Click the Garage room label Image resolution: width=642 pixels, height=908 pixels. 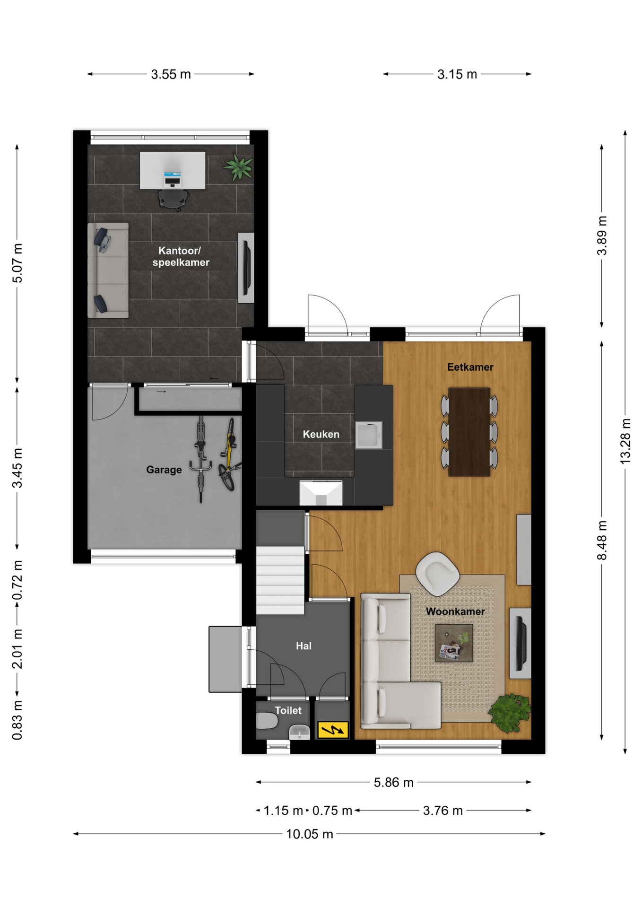click(x=164, y=470)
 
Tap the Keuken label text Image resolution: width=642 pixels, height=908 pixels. click(x=321, y=434)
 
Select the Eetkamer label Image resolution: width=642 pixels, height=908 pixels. click(x=470, y=367)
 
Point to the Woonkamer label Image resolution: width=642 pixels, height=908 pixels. click(x=455, y=611)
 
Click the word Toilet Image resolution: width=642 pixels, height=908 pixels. click(x=288, y=710)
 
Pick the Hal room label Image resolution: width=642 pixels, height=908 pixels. click(x=304, y=646)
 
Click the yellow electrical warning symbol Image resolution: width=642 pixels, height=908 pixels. click(x=333, y=730)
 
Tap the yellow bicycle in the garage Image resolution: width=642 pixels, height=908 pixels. click(x=229, y=455)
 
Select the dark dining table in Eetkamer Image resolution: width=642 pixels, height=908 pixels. click(x=469, y=432)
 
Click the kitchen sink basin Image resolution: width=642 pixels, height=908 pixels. click(x=369, y=435)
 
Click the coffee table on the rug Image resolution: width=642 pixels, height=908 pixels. click(x=454, y=643)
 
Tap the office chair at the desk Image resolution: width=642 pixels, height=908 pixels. click(x=173, y=199)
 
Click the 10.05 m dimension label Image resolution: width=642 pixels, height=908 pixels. click(x=310, y=834)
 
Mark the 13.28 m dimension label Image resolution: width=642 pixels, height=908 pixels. click(x=625, y=441)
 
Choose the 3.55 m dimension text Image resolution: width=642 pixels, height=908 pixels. click(x=171, y=74)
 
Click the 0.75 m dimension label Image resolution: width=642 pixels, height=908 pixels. click(x=332, y=811)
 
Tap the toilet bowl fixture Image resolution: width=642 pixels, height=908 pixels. click(x=267, y=721)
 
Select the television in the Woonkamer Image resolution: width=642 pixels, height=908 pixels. click(x=521, y=643)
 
